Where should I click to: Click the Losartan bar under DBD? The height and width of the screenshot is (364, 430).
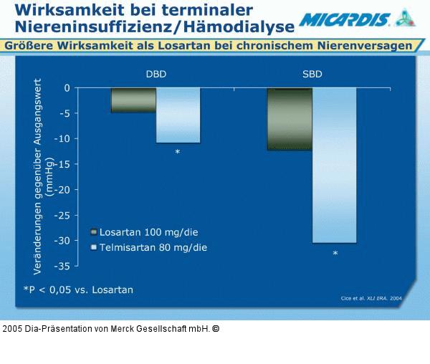coord(133,100)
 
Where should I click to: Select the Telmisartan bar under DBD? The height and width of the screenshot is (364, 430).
coord(178,115)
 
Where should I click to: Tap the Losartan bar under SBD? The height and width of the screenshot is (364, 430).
coord(290,119)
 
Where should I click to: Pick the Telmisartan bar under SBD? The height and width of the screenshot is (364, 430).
coord(335,166)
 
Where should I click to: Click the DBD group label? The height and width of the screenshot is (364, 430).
coord(156,73)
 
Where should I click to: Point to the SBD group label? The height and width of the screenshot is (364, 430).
coord(312,73)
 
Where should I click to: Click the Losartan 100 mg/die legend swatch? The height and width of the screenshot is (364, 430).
coord(93,232)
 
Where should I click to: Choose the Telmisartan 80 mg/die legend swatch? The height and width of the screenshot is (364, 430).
coord(93,247)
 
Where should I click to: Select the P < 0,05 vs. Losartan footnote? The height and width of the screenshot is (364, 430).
coord(78,289)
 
